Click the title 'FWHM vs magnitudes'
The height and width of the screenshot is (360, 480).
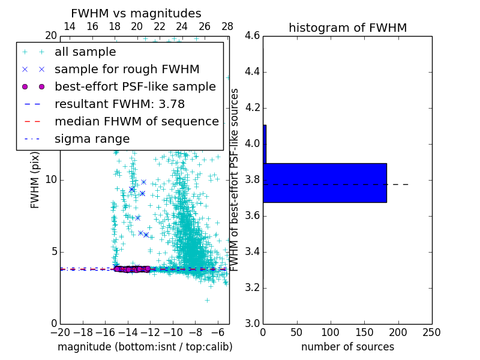click(x=136, y=13)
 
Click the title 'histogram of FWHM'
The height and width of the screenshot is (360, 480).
click(x=347, y=28)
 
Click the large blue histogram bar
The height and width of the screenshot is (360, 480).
click(x=325, y=182)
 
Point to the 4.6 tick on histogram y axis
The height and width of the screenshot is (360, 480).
click(x=252, y=36)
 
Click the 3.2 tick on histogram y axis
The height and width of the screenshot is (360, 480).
click(x=252, y=287)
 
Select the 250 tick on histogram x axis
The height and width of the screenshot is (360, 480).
click(x=431, y=332)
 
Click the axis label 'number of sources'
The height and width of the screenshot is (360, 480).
click(x=347, y=347)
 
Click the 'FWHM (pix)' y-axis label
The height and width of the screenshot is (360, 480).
click(x=35, y=180)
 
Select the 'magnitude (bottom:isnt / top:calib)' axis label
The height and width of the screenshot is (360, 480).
click(x=145, y=347)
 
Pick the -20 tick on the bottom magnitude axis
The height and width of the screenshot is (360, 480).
click(x=60, y=332)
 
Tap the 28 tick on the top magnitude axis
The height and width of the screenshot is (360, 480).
click(x=227, y=26)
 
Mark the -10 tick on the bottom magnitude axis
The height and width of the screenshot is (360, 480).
click(x=173, y=332)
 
